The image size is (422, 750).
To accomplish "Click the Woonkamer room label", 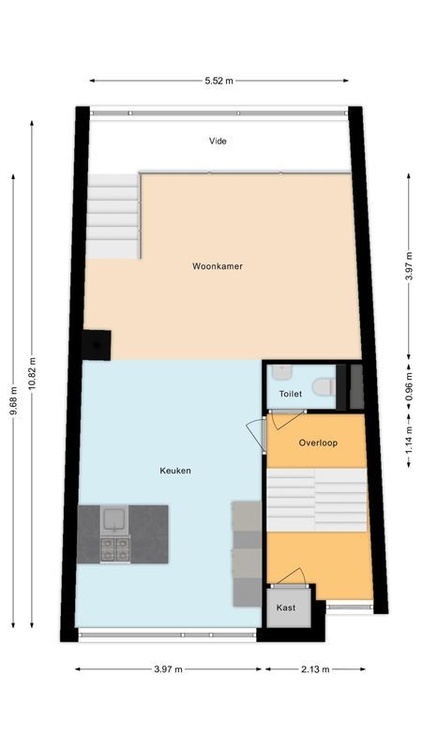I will pos(218,266).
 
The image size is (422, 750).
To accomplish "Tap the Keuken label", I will pos(175,471).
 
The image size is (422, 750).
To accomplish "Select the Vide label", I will pos(218,142).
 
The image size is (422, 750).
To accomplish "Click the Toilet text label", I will pos(290,395).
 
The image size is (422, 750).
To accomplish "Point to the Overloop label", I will pos(318,442).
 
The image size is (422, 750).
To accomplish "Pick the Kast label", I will pos(286,607).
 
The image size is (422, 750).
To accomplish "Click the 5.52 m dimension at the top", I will pos(219,82).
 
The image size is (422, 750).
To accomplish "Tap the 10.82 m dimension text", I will pos(32,373).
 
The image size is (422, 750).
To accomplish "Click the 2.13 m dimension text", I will pos(314,669).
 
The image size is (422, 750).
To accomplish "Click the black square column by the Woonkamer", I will pos(97,345).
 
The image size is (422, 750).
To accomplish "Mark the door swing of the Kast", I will pos(293,576).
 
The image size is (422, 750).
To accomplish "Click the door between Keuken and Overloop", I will pos(257,433).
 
